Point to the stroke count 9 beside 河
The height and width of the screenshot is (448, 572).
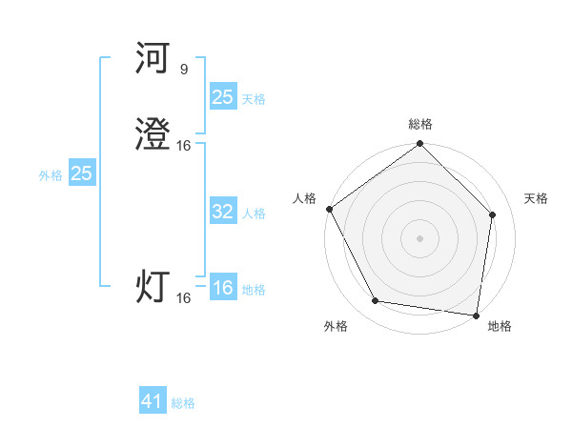coord(183,69)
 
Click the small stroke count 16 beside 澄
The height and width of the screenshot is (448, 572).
coord(184,145)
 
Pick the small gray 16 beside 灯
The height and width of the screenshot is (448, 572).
coord(184,298)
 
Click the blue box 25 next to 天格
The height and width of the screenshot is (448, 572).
coord(222,96)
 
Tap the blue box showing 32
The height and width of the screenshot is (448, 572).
coord(222,212)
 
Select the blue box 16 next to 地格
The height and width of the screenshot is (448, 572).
coord(222,288)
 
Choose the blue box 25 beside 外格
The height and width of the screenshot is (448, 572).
coord(81,173)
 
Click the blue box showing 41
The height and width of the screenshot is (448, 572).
coord(153,401)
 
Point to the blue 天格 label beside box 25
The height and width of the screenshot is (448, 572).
coord(254,98)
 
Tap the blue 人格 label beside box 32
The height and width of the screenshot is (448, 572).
coord(254,214)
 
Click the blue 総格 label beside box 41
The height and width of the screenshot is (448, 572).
coord(183,403)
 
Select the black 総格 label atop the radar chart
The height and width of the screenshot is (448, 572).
coord(419,124)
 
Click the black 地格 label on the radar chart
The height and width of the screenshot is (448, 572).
coord(500,326)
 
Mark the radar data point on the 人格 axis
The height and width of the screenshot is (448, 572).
coord(329,209)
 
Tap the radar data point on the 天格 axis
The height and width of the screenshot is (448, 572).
coord(493,214)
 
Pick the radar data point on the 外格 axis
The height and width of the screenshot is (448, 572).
coord(375,301)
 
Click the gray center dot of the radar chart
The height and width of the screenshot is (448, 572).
coord(419,237)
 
